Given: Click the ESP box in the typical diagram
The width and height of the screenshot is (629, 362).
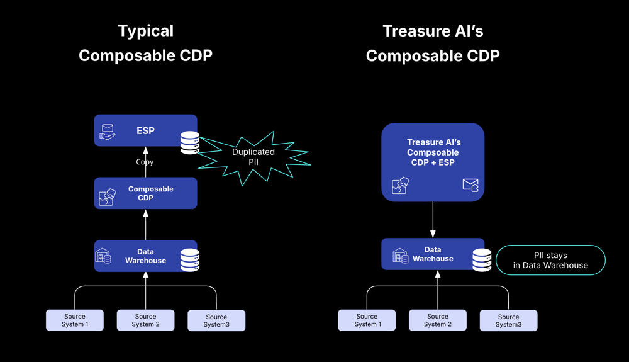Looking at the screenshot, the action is pos(145,130).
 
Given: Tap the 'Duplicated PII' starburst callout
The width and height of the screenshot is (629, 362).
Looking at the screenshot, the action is pos(254,157).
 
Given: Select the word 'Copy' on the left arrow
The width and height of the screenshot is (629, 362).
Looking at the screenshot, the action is pos(145,162).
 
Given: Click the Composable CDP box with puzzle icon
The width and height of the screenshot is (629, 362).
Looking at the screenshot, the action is pos(145,193).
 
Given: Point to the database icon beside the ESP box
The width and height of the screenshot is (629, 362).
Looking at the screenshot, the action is pos(190,142).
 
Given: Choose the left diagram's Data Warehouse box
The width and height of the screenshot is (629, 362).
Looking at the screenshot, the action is pos(145,256).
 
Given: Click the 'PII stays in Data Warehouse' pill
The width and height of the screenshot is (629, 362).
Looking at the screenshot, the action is pos(550,260).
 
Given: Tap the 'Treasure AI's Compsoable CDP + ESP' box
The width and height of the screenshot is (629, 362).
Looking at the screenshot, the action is pos(433,162).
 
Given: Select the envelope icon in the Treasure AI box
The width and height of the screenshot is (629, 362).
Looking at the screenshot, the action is pos(470,185).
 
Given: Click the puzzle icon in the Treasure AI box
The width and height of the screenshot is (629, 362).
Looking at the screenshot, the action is pos(400,186).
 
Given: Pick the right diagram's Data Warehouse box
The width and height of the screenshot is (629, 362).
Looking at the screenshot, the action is pos(433,254).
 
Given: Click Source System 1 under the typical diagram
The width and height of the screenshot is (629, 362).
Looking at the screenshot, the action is pos(75,320).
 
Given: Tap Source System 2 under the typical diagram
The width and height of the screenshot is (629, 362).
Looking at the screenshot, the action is pos(146,320).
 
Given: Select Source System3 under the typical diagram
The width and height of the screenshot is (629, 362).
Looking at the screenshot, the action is pos(216,320).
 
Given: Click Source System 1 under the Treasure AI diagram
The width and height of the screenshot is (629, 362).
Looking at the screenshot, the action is pos(367,320).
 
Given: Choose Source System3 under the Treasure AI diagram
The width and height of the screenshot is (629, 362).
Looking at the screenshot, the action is pos(509,320).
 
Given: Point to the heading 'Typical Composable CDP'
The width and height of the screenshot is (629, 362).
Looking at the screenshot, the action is pos(146,43).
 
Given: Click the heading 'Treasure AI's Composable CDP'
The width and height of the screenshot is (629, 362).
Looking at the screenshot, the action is pos(433,43).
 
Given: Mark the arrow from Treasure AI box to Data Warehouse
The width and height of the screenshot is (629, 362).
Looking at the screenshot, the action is pos(433,220).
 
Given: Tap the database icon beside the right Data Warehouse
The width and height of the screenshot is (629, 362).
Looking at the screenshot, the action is pos(482,260).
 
